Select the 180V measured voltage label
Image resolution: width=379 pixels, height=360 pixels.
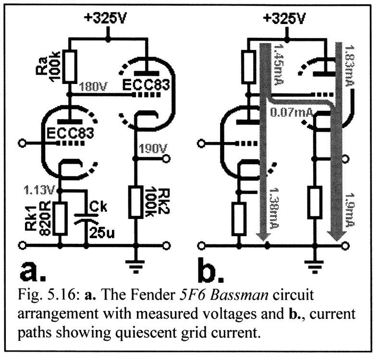(x=95, y=88)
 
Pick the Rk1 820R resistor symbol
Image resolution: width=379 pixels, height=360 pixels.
(x=60, y=218)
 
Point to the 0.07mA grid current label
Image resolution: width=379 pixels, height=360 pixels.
(x=293, y=113)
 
